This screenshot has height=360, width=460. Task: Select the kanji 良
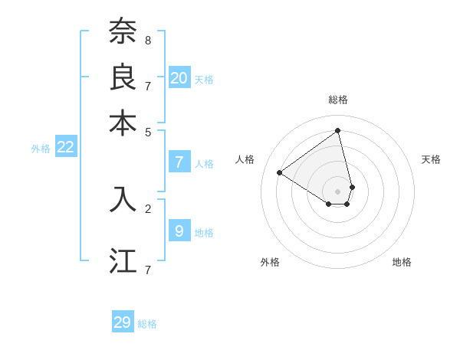123,77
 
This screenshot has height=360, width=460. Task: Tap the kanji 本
123,123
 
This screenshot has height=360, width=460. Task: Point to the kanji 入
123,198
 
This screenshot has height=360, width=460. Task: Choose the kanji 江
123,260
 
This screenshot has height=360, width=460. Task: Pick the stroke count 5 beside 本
148,131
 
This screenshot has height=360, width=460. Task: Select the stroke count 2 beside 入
148,208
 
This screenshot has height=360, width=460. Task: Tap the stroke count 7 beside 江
148,269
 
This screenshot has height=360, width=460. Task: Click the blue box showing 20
179,77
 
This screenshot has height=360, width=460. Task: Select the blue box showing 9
179,231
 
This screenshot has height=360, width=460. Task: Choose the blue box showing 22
66,147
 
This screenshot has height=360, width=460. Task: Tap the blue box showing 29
123,322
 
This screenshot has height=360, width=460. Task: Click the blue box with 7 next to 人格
179,162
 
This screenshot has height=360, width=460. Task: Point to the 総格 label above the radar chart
338,100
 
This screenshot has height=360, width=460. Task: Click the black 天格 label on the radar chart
431,159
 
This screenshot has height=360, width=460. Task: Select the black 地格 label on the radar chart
402,262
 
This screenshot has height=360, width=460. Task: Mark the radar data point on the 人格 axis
280,172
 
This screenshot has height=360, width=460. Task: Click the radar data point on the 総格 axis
338,130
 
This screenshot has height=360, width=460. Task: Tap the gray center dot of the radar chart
338,191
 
